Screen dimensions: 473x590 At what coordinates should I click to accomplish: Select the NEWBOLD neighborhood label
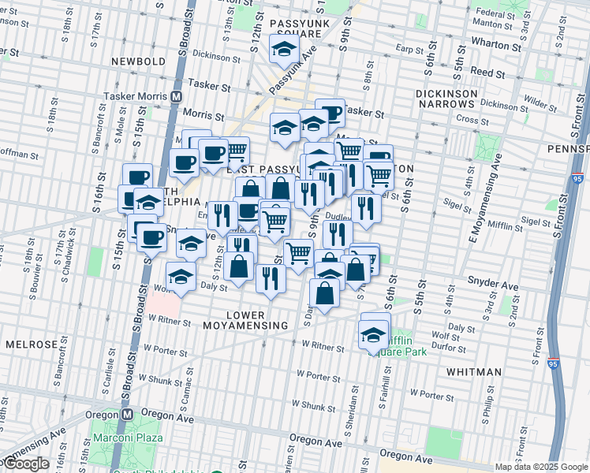click(x=139, y=61)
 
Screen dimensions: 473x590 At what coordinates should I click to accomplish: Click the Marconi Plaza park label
click(x=128, y=438)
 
